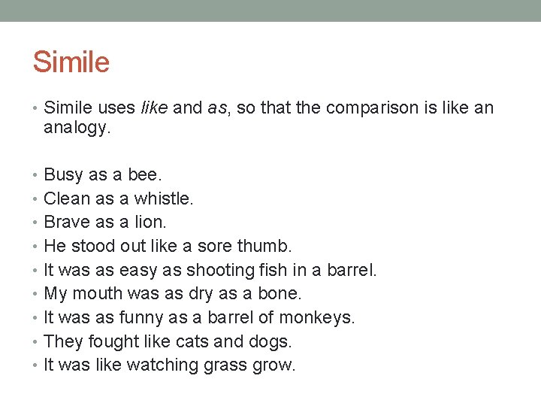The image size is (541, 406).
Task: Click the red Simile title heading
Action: (71, 62)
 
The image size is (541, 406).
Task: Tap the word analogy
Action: (77, 128)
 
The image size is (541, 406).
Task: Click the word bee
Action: (144, 174)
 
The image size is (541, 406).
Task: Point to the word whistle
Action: (164, 198)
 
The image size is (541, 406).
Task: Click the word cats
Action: (192, 341)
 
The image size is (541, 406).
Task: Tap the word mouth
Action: (99, 294)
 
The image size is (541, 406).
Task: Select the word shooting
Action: (221, 270)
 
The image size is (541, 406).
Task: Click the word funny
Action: (141, 318)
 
